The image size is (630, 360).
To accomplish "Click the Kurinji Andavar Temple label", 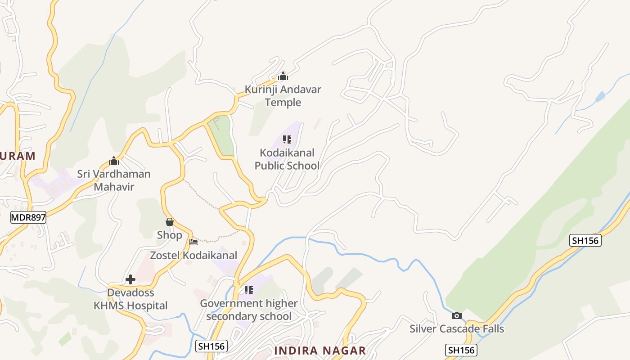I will tap(283, 96).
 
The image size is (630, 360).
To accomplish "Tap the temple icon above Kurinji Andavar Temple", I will tap(283, 76).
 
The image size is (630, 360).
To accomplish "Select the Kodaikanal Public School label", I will tap(287, 159).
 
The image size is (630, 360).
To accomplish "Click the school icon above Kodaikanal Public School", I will tap(287, 139).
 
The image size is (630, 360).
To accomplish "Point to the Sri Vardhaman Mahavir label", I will tap(114, 180).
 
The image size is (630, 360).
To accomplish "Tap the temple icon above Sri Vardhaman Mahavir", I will tap(114, 161).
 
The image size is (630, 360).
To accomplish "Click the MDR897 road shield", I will tap(28, 217).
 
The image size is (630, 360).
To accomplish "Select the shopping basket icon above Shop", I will tap(170, 222).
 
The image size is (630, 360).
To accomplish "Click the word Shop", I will tap(170, 235).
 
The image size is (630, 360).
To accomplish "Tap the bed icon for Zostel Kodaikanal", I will tap(193, 242).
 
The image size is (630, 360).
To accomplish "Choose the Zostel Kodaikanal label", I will tap(193, 256).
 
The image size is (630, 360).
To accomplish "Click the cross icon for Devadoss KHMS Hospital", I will tap(130, 279).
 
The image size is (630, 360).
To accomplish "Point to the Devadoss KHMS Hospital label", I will tap(130, 299).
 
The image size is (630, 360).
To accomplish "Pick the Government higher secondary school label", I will tap(249, 310).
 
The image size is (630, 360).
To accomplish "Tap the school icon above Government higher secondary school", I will tap(249, 290).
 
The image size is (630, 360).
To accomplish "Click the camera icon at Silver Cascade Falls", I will tap(457, 315).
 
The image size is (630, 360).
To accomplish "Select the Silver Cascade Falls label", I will tap(457, 329).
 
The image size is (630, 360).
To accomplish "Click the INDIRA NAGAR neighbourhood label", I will tap(320, 351).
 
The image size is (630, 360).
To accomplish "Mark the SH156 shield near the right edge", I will tap(585, 240).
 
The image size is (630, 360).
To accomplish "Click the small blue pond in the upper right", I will tap(600, 97).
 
